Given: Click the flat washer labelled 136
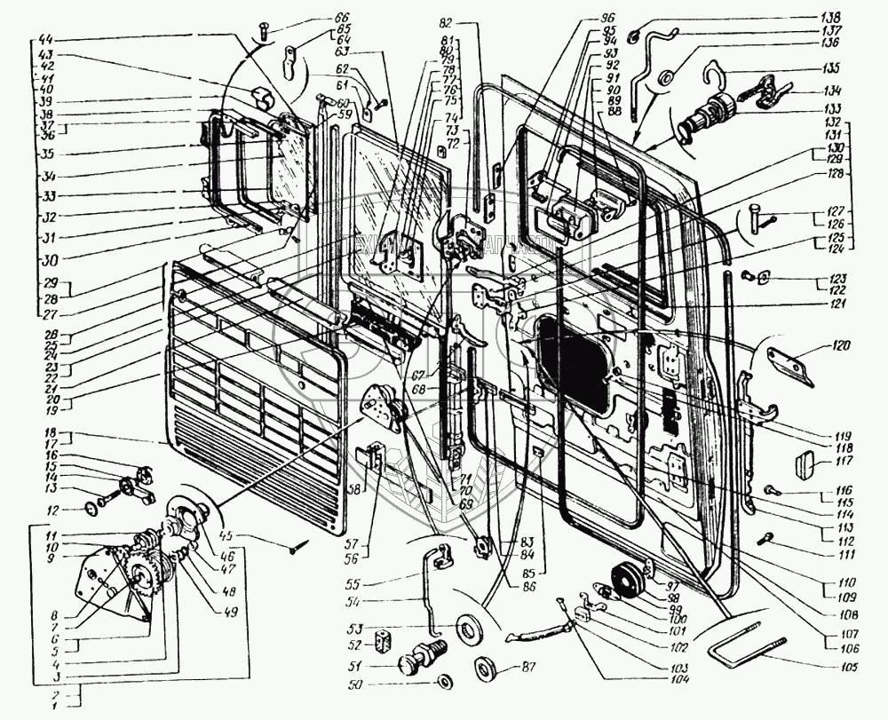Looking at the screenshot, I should point(663,82).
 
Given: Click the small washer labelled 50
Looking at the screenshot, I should point(443,683).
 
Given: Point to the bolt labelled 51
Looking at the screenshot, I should point(416,661).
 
